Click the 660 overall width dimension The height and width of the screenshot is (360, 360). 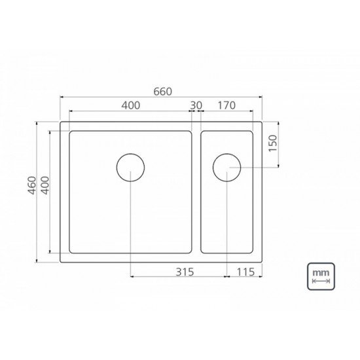(x=162, y=92)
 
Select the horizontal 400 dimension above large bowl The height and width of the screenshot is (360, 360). (x=131, y=105)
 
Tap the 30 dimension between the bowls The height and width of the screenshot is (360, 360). (x=196, y=105)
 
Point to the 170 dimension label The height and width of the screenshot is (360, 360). (x=226, y=105)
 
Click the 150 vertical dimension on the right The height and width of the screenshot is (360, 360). (x=273, y=143)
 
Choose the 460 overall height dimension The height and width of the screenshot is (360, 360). (x=32, y=185)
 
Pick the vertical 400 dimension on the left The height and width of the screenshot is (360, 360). (x=45, y=185)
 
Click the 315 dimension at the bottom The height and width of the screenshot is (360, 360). (x=185, y=272)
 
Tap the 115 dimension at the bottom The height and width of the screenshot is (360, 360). (x=245, y=272)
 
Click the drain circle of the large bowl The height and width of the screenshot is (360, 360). (x=130, y=154)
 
